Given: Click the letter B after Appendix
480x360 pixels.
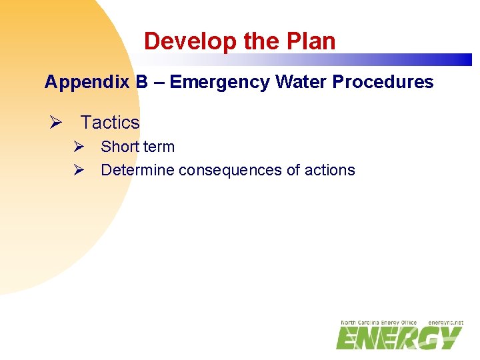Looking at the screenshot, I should click(142, 82).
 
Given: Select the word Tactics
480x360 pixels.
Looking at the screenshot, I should click(110, 123).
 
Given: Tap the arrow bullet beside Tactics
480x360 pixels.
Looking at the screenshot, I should click(56, 123).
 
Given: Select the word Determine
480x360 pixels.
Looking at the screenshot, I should click(137, 170).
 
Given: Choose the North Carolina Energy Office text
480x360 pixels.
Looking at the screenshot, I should click(379, 323).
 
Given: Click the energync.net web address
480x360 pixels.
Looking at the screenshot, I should click(445, 323).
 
